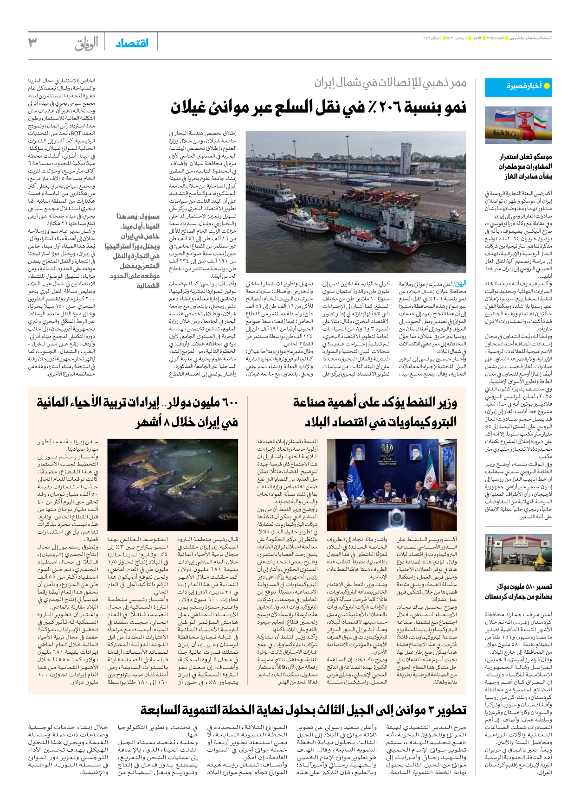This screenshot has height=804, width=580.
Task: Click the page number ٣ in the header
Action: pos(32,43)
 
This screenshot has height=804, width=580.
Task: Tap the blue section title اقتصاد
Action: pos(132,43)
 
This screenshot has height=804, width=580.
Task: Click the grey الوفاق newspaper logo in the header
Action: pos(86,44)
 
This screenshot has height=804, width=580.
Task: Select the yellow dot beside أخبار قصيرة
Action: pos(547,86)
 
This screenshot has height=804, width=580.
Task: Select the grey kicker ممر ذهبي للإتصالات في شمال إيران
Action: pos(390,83)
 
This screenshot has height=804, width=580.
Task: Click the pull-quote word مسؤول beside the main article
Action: pos(149,217)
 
